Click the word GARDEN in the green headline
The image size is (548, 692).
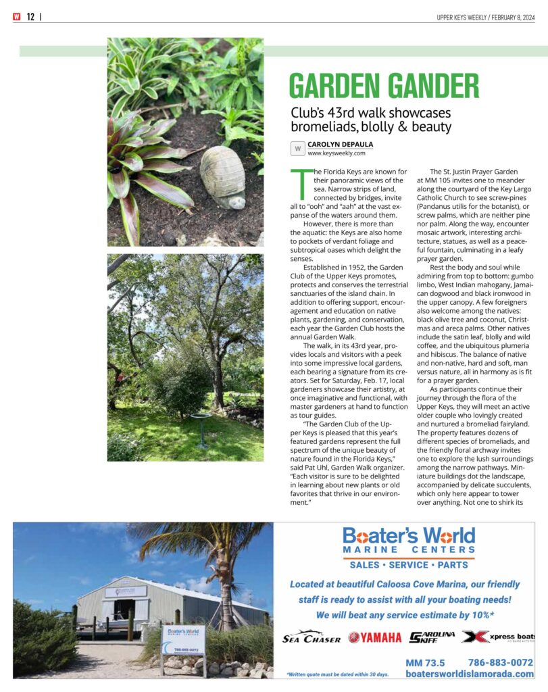pos(337,86)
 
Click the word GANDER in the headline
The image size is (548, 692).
pos(435,86)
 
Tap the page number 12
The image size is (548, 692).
pos(30,18)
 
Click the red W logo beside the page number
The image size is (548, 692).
pos(16,18)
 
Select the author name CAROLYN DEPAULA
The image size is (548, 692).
pos(340,145)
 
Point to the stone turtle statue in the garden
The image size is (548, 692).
pos(224,177)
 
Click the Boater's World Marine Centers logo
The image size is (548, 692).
pos(408,541)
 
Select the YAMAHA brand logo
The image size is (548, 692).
pos(374,637)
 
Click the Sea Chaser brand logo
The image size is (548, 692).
pos(311,637)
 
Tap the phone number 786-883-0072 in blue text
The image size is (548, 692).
pos(500,662)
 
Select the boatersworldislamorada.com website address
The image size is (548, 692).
pos(469,674)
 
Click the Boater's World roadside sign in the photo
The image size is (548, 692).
pos(183,640)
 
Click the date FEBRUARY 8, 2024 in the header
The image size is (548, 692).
pos(507,18)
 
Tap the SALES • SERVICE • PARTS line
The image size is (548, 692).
pos(408,565)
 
